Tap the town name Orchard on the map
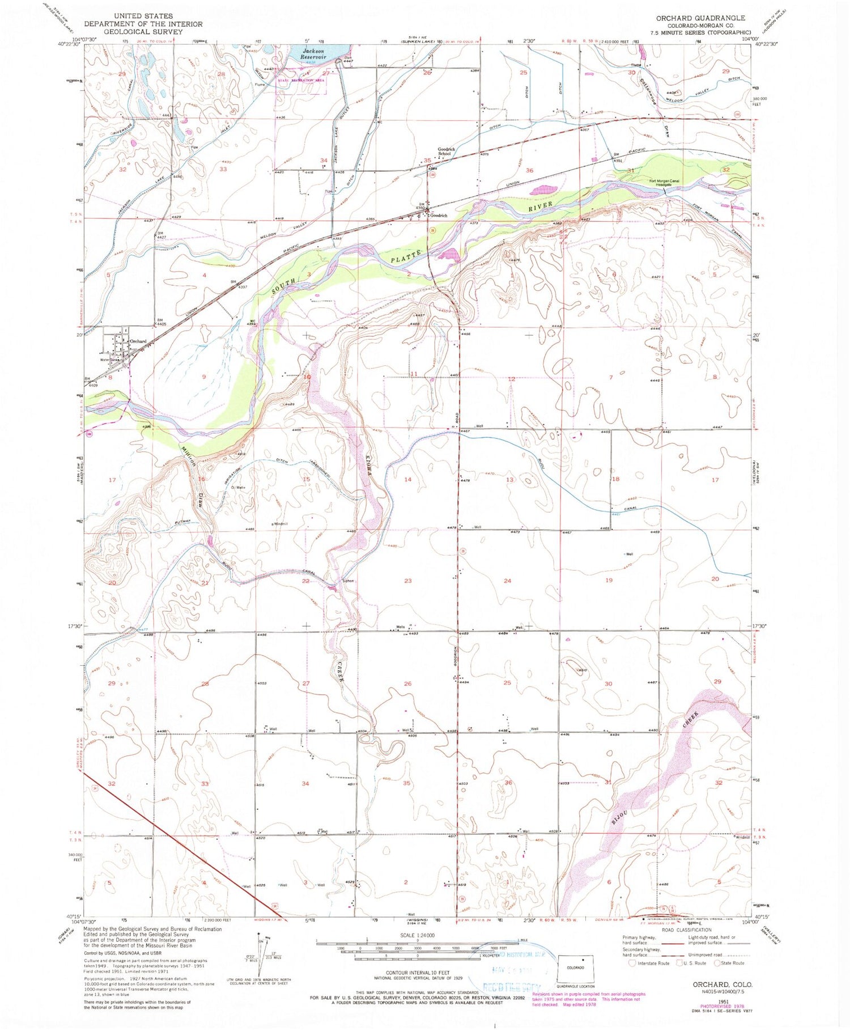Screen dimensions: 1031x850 click(x=138, y=341)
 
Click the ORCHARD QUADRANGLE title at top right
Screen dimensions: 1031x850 click(x=700, y=18)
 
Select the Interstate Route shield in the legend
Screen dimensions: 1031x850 click(x=632, y=963)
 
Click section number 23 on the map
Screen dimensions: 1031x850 click(x=407, y=581)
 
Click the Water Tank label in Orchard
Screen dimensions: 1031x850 click(x=109, y=359)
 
